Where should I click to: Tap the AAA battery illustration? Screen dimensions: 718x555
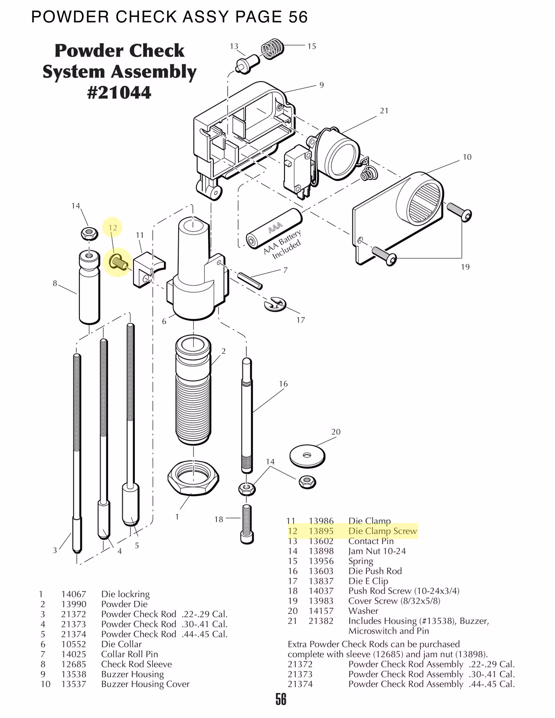(274, 228)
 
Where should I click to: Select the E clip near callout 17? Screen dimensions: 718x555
(274, 304)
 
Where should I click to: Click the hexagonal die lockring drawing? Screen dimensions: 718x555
(193, 476)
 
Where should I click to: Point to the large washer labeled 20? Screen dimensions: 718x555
(307, 455)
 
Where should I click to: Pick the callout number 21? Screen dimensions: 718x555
(384, 111)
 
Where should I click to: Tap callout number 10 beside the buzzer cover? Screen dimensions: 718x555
(467, 157)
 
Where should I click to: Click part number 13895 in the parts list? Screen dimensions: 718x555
(321, 531)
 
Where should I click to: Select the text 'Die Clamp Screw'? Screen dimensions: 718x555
(382, 531)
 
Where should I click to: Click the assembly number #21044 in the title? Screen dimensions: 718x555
(119, 92)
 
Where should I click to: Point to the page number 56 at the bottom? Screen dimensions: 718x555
(281, 699)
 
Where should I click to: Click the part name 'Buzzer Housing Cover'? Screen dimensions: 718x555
(145, 684)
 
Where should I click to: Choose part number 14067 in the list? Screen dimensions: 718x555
(74, 594)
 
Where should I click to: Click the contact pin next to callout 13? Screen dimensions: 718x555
(245, 63)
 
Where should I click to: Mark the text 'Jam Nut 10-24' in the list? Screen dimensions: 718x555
(377, 551)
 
